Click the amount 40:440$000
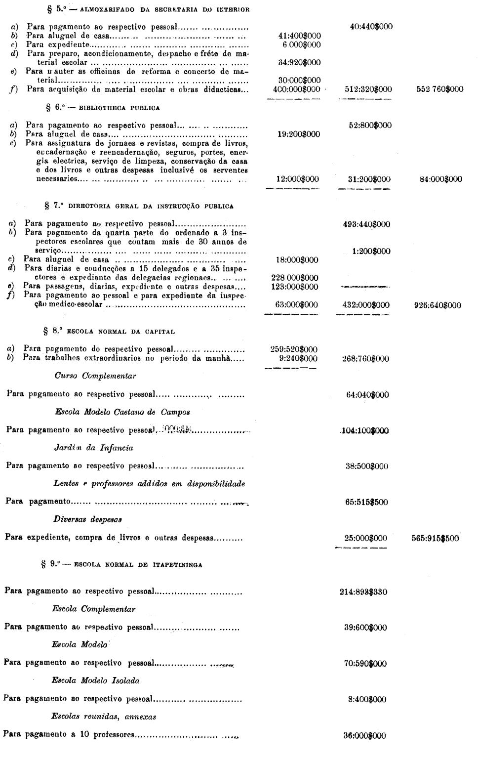pyautogui.click(x=371, y=27)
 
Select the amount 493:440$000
pyautogui.click(x=366, y=224)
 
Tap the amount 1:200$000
pyautogui.click(x=371, y=251)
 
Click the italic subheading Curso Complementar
pyautogui.click(x=95, y=376)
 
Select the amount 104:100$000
pyautogui.click(x=365, y=430)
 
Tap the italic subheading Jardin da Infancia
pyautogui.click(x=93, y=448)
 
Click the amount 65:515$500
pyautogui.click(x=366, y=502)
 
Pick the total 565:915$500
pyautogui.click(x=435, y=538)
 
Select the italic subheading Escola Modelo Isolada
pyautogui.click(x=95, y=680)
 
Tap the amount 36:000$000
pyautogui.click(x=365, y=735)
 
